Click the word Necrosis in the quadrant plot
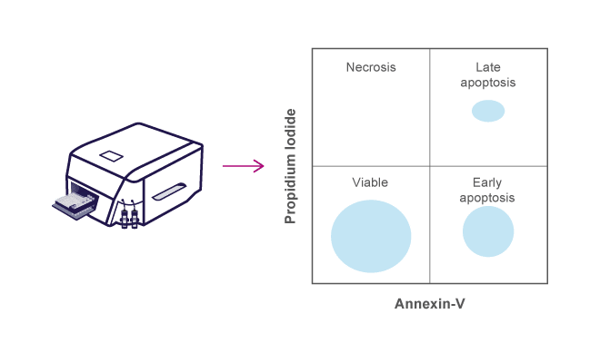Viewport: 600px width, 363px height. point(371,67)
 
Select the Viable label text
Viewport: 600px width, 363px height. point(371,182)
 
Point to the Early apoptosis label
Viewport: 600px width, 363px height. point(488,191)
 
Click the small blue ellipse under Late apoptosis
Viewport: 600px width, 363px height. point(488,111)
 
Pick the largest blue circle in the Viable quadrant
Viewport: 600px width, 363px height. point(371,236)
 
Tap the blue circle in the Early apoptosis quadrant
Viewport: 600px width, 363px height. point(488,231)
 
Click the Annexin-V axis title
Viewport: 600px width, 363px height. point(430,302)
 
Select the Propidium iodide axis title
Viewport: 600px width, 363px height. point(291,166)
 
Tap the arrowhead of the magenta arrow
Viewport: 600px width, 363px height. point(259,166)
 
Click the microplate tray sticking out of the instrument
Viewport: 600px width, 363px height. point(72,205)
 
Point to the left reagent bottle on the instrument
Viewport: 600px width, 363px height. point(123,218)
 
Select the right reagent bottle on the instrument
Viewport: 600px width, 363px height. point(134,218)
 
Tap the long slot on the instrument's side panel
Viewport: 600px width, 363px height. point(169,192)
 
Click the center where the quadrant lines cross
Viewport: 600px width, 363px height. point(430,166)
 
